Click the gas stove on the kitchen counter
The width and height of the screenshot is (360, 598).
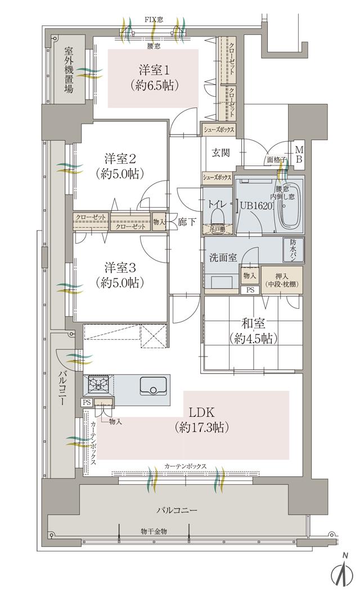[100, 386]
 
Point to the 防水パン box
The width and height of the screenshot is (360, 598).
[294, 249]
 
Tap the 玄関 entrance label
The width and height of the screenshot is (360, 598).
[219, 152]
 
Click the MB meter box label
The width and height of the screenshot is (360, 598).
[299, 154]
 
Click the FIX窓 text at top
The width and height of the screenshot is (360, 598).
[154, 19]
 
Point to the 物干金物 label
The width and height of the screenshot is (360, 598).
[154, 531]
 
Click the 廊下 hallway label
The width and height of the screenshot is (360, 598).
[187, 222]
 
